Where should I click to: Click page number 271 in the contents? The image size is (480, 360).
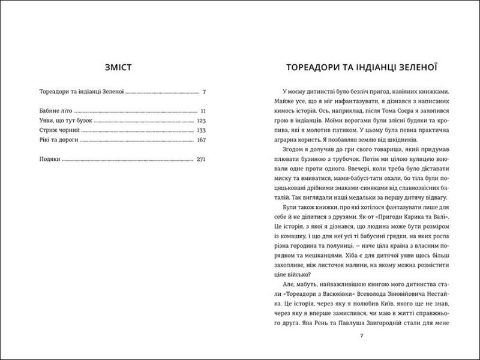click(201, 160)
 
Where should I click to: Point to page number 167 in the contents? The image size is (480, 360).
click(201, 140)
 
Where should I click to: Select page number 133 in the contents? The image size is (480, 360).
click(201, 130)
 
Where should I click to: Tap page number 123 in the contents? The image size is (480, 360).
click(201, 121)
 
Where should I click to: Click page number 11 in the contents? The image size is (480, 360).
click(203, 112)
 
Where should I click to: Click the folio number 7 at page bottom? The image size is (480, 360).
click(361, 335)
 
